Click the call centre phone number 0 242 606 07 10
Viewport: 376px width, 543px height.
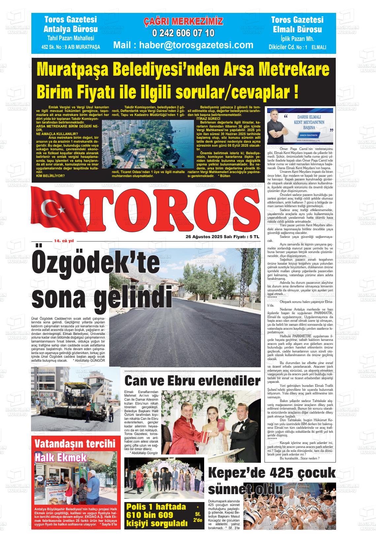[183, 33]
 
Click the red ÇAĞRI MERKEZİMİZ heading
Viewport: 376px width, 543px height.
[183, 22]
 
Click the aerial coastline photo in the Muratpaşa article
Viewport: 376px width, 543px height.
[148, 144]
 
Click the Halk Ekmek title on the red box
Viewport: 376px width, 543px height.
[61, 457]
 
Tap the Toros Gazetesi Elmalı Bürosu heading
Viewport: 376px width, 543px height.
[297, 25]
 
